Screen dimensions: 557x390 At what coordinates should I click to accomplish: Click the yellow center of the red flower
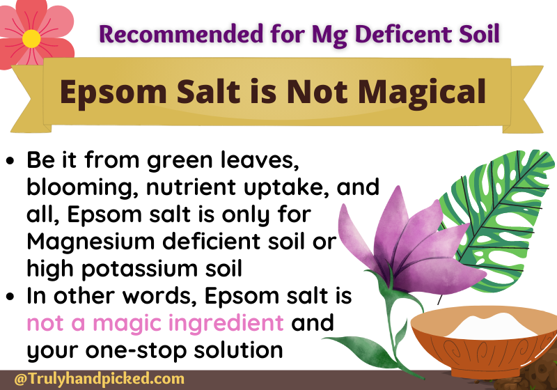coord(31,39)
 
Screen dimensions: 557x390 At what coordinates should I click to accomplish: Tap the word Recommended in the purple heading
coord(181,33)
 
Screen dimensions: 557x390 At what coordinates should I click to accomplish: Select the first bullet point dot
coord(10,161)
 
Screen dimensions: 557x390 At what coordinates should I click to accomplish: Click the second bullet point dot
coord(10,296)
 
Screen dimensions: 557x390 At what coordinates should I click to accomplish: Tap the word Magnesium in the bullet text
coord(91,242)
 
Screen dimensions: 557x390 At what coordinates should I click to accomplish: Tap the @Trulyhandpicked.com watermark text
coord(100,379)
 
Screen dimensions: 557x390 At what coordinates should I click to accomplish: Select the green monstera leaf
coord(497,220)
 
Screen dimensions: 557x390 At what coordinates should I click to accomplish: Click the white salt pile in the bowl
coord(492,325)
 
